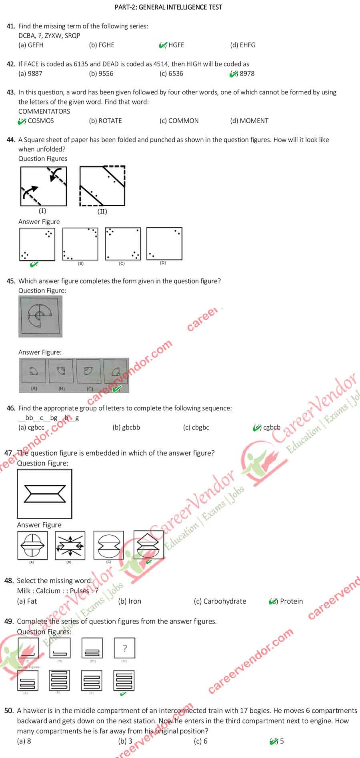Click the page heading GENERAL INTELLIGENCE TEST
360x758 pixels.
pos(168,7)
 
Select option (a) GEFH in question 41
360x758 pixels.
pos(31,45)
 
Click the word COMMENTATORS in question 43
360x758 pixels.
pos(44,111)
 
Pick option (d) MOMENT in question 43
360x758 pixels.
pos(249,121)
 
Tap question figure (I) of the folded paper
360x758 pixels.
pos(43,186)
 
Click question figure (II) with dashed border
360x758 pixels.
pos(102,186)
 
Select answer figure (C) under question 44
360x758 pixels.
pos(123,244)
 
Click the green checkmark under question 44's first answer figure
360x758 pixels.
pos(34,264)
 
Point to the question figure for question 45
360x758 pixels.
pos(40,316)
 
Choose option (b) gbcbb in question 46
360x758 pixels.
pos(126,428)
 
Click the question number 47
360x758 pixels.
pos(9,453)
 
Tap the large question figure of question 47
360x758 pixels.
pos(44,494)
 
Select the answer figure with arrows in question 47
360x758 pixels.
pos(70,545)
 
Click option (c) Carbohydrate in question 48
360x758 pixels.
pos(220,601)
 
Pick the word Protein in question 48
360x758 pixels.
pos(291,601)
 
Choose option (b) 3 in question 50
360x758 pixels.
pos(125,741)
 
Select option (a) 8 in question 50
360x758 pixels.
pos(24,741)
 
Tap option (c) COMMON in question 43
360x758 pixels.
pos(179,121)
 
